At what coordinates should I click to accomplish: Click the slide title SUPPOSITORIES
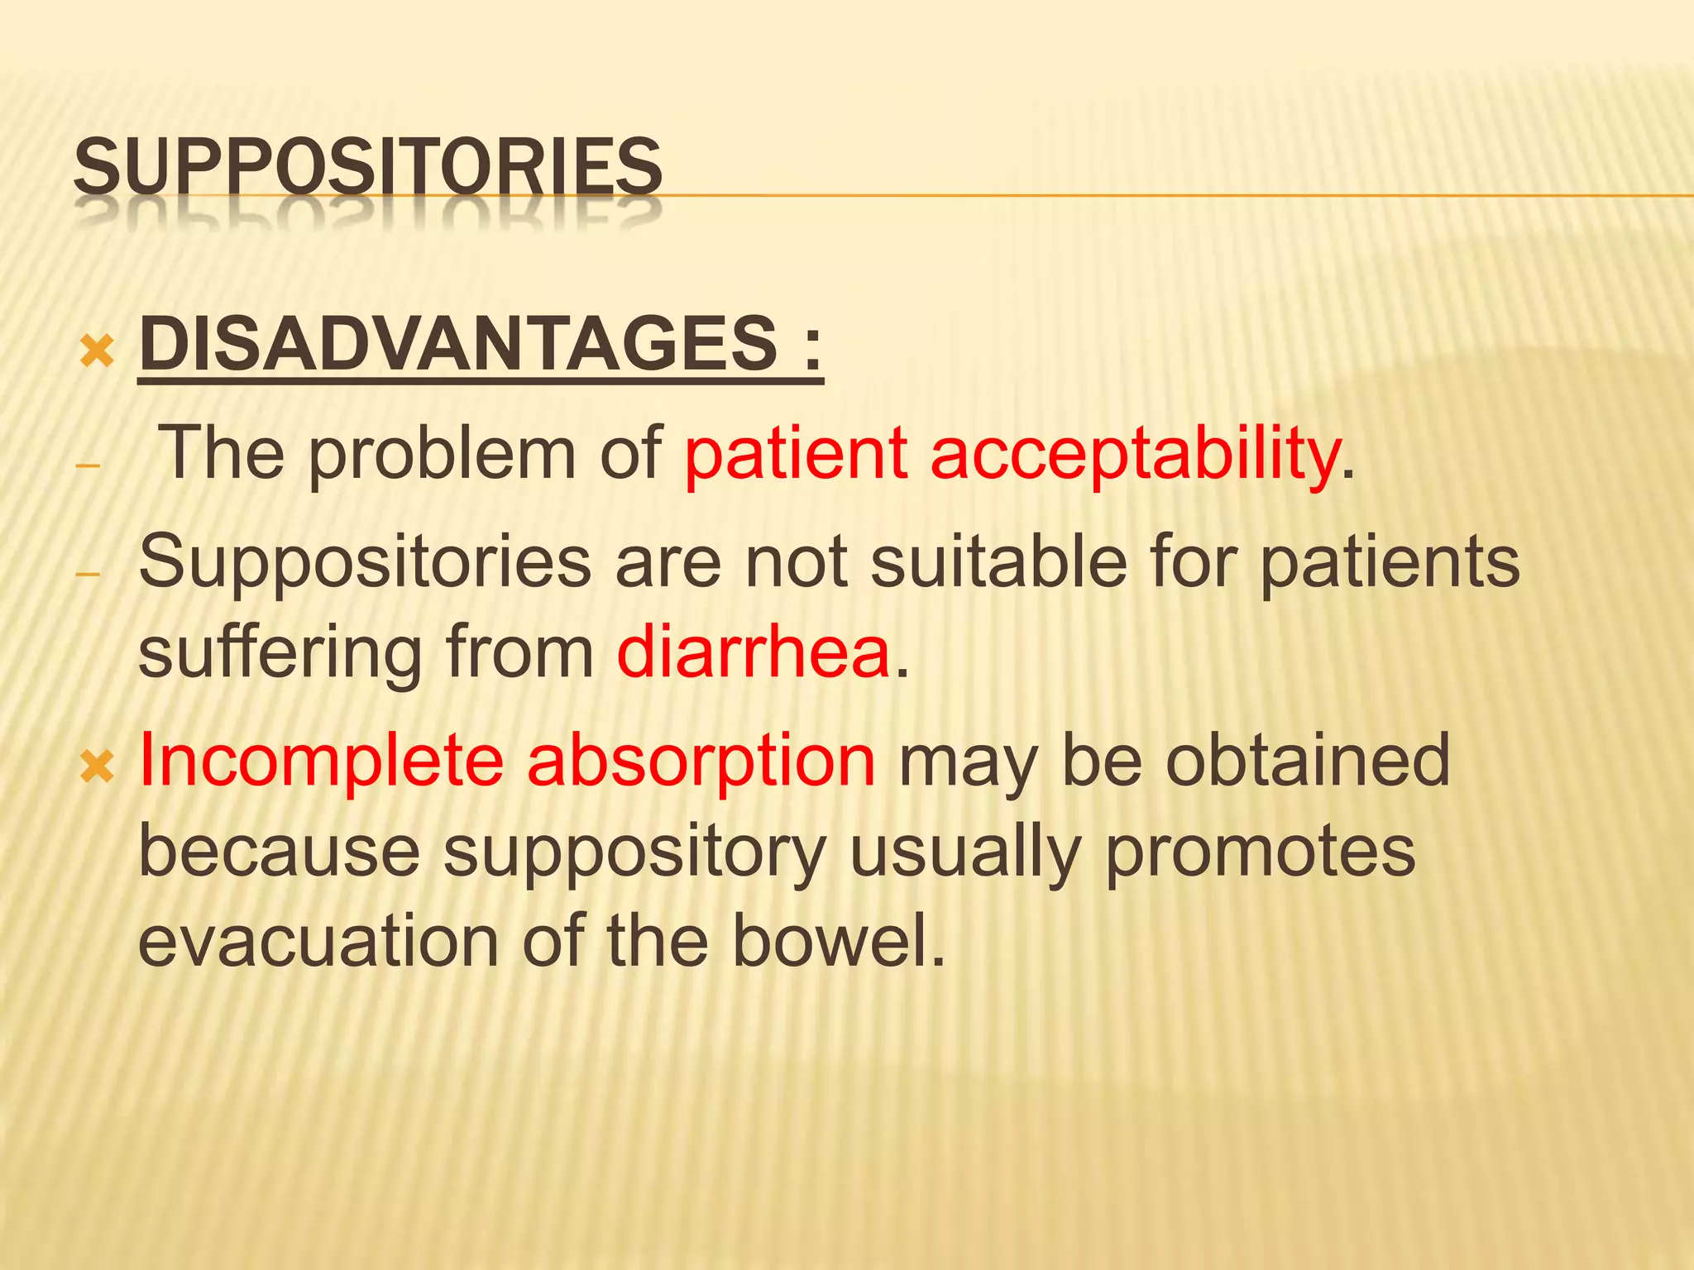tap(368, 168)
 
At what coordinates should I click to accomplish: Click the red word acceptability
tap(1134, 456)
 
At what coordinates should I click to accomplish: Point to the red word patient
tap(795, 454)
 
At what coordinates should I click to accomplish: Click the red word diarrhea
tap(754, 653)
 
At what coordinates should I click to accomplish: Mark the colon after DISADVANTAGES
tap(811, 347)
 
